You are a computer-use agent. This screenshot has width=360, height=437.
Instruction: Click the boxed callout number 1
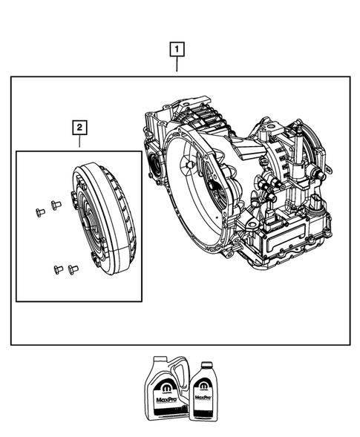(x=177, y=50)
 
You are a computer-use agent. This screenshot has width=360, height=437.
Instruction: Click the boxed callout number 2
(x=79, y=127)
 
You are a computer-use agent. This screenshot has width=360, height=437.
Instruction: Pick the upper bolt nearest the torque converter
(x=56, y=204)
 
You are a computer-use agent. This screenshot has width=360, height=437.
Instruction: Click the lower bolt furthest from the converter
(x=56, y=269)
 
